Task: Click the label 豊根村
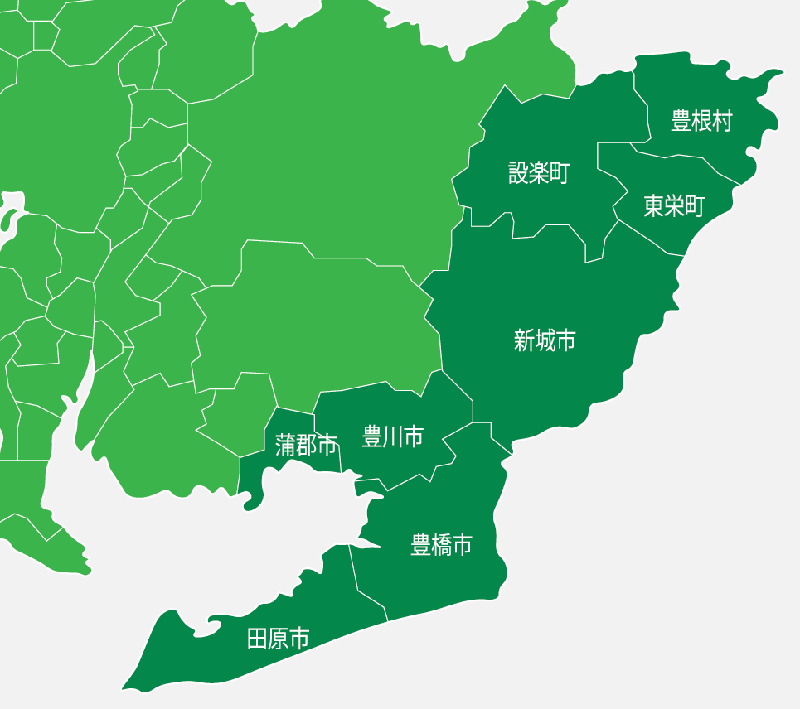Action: tap(702, 121)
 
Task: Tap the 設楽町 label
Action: tap(539, 173)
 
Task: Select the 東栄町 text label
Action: tap(674, 206)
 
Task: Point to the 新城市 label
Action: tap(545, 340)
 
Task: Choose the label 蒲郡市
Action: tap(306, 446)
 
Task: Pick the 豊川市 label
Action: tap(393, 436)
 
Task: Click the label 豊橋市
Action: tap(442, 544)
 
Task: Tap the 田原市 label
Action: tap(279, 639)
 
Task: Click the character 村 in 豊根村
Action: tap(723, 121)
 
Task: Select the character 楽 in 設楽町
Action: tap(539, 173)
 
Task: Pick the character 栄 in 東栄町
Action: tap(674, 206)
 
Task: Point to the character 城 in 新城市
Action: tap(545, 340)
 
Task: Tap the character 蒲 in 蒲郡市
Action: tap(286, 446)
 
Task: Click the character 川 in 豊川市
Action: tap(393, 436)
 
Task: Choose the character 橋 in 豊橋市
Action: tap(442, 544)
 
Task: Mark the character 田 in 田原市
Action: tap(258, 639)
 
